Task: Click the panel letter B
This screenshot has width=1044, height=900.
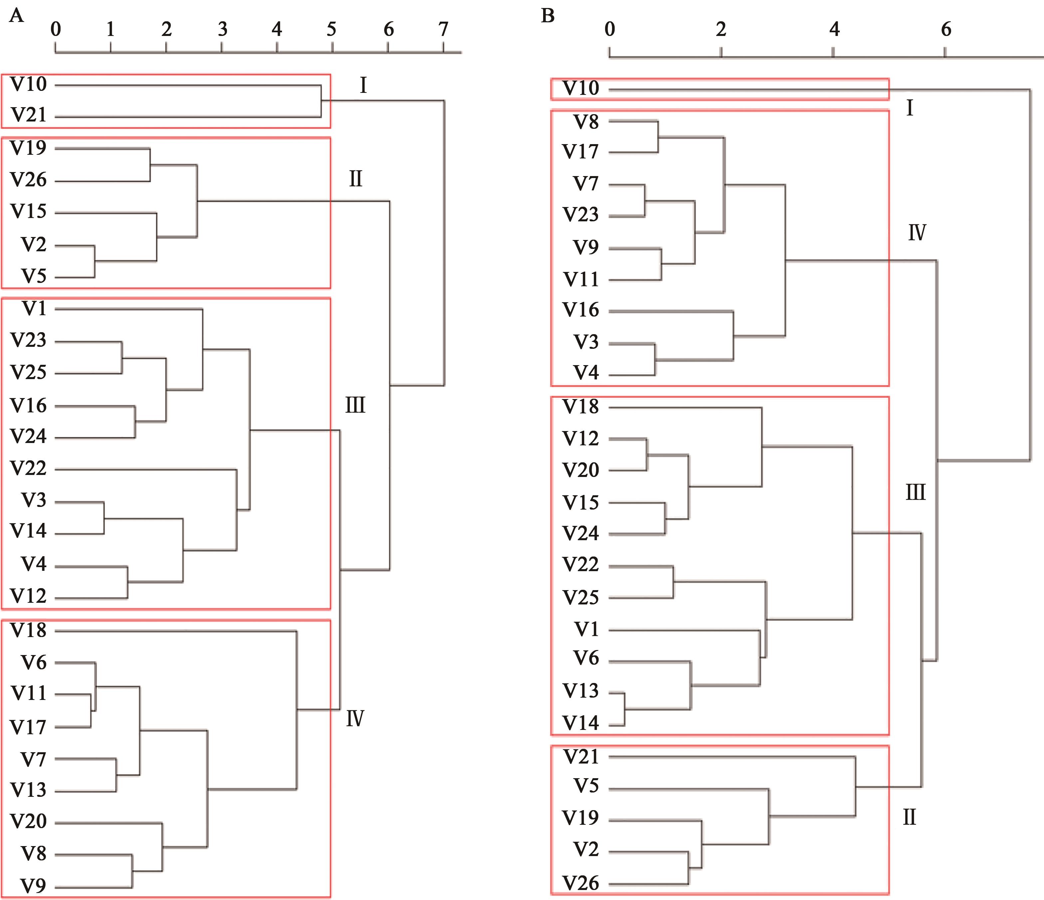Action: point(548,16)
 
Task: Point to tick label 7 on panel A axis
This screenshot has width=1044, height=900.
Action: point(443,29)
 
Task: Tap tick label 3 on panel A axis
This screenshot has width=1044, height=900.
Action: point(222,29)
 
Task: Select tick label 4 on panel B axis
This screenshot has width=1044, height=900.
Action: point(834,29)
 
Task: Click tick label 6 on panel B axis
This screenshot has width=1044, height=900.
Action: point(946,29)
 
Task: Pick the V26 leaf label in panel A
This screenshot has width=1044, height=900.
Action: point(28,180)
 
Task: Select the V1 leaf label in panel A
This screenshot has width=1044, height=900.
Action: point(34,309)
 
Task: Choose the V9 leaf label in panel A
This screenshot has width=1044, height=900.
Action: point(33,885)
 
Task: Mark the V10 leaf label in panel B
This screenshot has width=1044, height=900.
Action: point(581,88)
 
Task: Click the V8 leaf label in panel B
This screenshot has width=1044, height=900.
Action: point(586,122)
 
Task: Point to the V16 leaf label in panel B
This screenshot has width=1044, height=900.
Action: point(581,310)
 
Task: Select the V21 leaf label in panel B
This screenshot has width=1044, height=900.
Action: point(581,757)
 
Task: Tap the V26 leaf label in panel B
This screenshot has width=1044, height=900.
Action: point(581,883)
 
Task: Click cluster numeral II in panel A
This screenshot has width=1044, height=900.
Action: point(355,179)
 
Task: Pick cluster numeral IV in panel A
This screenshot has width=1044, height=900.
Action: point(355,718)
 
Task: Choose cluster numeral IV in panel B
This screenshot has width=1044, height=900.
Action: point(917,233)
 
